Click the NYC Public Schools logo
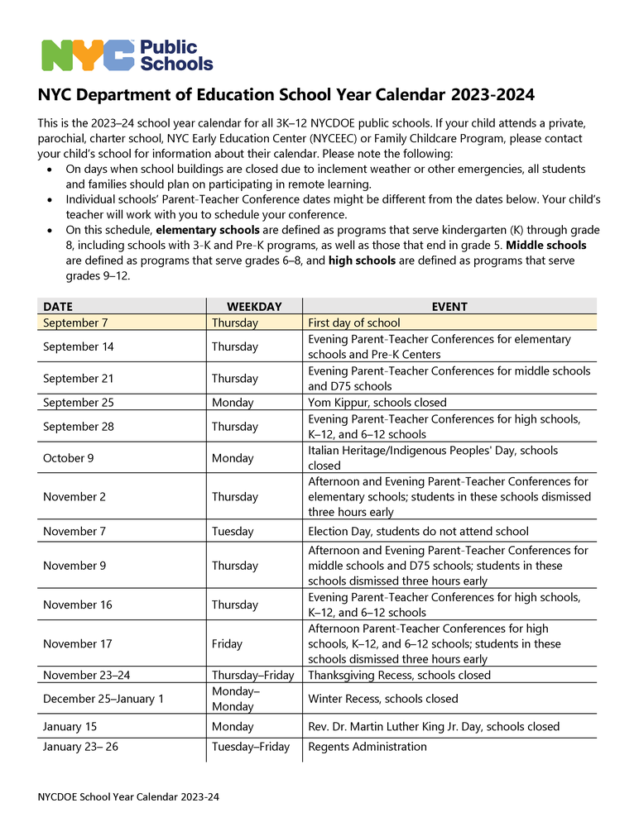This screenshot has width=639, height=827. [127, 55]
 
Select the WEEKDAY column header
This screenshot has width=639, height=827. [254, 306]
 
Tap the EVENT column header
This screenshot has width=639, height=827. [449, 306]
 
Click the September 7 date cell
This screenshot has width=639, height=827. [75, 323]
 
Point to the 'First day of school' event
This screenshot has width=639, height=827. [354, 323]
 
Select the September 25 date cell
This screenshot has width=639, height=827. [79, 403]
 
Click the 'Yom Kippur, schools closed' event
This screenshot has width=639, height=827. [377, 403]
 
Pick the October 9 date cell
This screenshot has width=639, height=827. [74, 458]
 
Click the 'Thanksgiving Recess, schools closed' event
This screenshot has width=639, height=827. [399, 676]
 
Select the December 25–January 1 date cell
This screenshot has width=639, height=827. [103, 699]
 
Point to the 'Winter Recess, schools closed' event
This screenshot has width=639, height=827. [382, 699]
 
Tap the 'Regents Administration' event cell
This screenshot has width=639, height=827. [368, 747]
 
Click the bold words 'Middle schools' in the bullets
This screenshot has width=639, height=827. [550, 246]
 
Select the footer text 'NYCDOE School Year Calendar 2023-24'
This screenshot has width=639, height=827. [128, 797]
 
